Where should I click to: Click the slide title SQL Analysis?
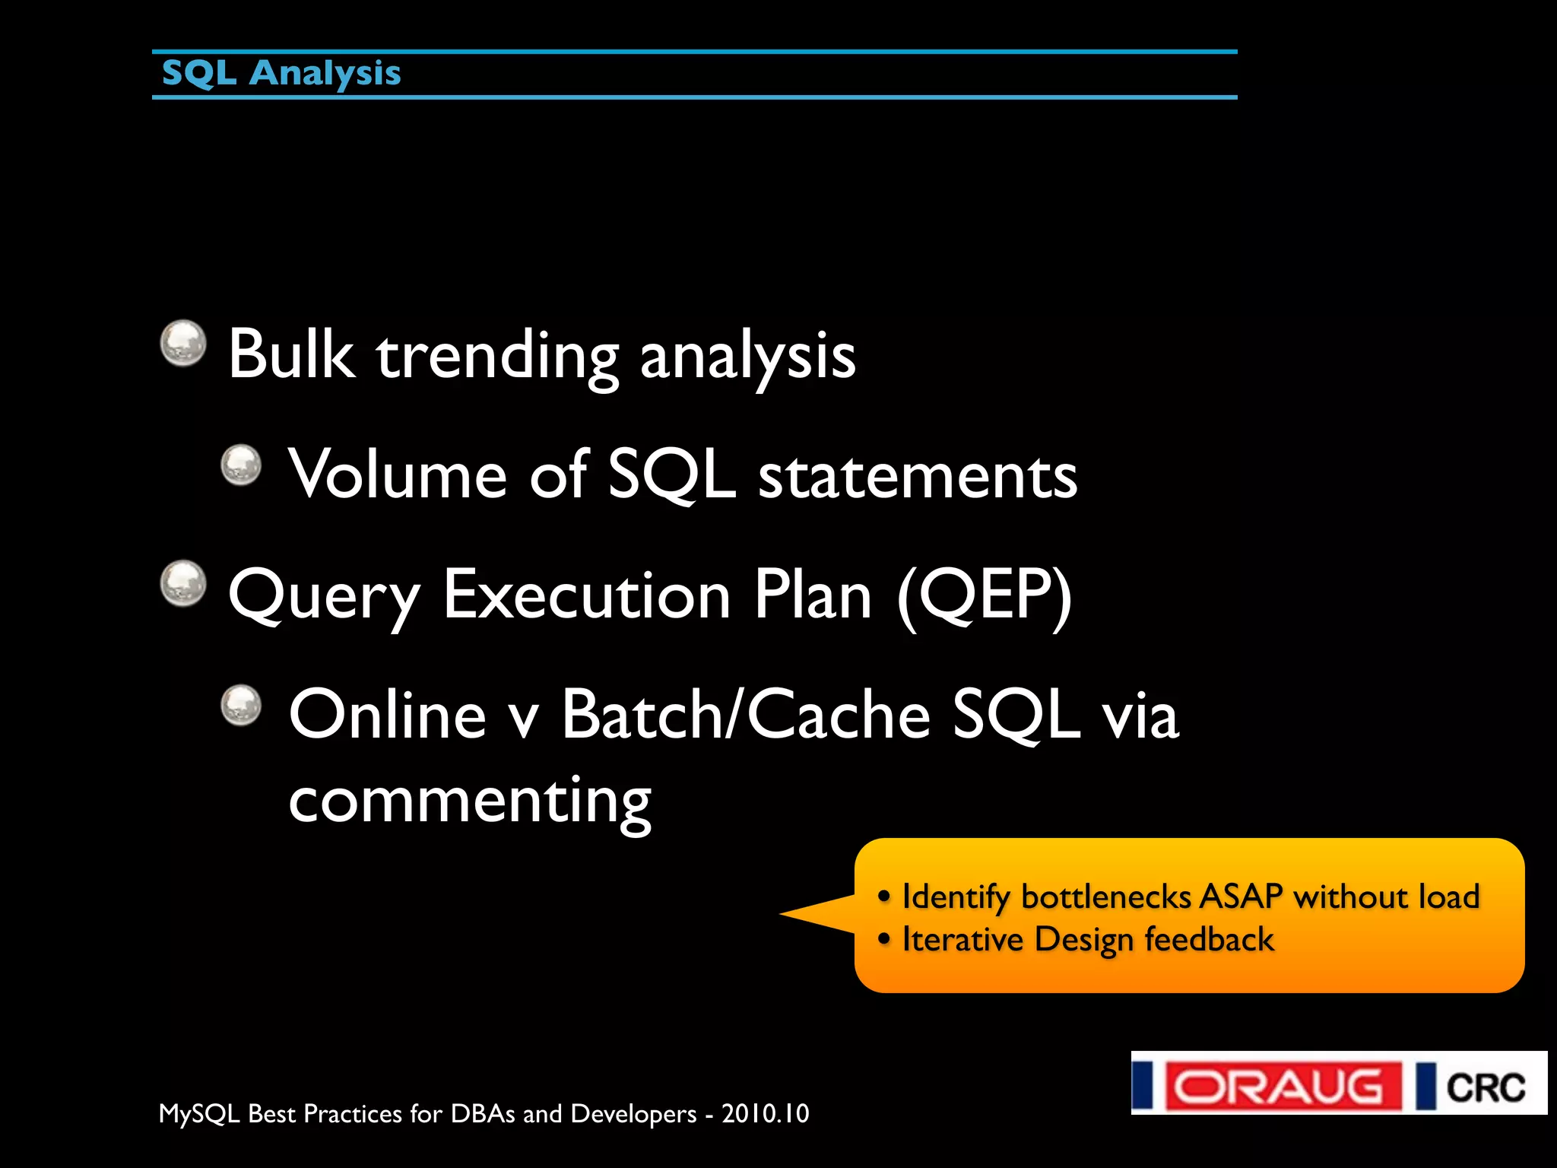pos(281,74)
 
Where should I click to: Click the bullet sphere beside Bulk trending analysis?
pos(183,343)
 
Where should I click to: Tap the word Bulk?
pos(291,354)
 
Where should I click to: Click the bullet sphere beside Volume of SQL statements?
pos(241,465)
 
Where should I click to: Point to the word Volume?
pos(397,474)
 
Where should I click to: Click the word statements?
pos(918,476)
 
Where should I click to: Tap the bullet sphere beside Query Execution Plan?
pos(183,584)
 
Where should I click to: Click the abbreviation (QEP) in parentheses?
pos(985,596)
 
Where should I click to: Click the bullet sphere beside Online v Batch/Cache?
pos(241,705)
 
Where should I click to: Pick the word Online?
pos(387,714)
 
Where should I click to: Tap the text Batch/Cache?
pos(746,714)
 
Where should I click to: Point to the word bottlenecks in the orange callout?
pos(1105,897)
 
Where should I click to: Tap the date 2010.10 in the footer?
pos(765,1113)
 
